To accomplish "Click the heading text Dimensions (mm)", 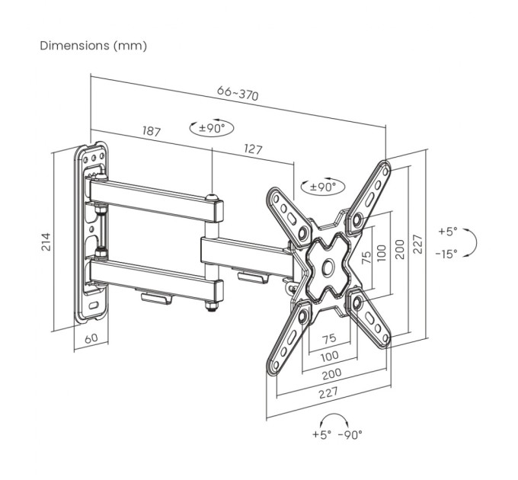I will [x=93, y=46].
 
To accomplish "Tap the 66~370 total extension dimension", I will [x=237, y=93].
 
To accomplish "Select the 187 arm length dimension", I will [x=151, y=131].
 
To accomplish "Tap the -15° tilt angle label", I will [x=448, y=254].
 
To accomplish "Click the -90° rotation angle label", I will [x=350, y=434].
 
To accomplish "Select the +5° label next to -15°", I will [x=448, y=231].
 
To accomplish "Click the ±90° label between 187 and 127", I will [x=213, y=128].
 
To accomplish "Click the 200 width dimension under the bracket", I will [x=330, y=373].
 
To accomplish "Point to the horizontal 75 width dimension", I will [x=329, y=338].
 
